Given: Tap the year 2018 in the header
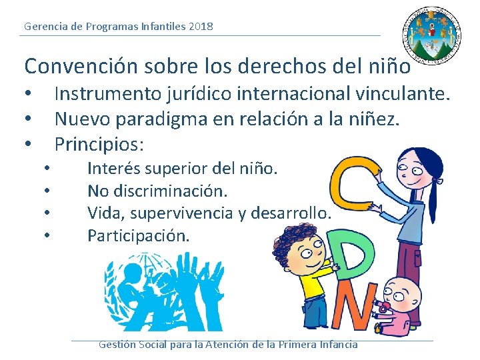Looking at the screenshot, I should (201, 27).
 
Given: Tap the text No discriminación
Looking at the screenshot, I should (158, 191).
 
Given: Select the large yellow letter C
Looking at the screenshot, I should (350, 186).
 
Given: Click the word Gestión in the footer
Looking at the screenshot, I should (117, 345).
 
